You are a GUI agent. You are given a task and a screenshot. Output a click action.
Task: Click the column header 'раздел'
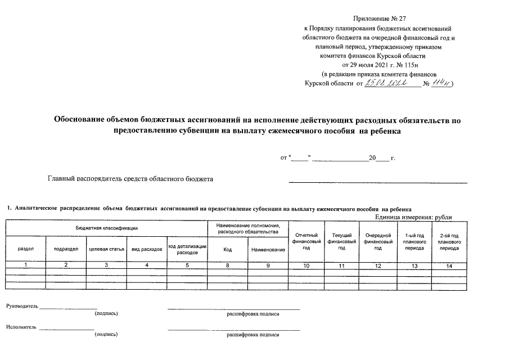point(25,248)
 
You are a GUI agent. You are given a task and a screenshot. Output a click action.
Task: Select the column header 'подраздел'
point(66,248)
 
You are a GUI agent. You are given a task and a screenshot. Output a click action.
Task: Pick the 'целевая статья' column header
point(107,248)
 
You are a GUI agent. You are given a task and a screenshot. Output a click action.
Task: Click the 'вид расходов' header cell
point(147,248)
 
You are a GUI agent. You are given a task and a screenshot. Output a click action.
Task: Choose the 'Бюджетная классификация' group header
point(107,228)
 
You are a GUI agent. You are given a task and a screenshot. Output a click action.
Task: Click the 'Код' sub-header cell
point(228,248)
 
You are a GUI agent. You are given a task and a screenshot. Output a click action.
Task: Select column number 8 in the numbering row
point(228,265)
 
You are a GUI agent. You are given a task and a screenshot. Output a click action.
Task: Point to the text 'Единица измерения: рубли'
point(413,218)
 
